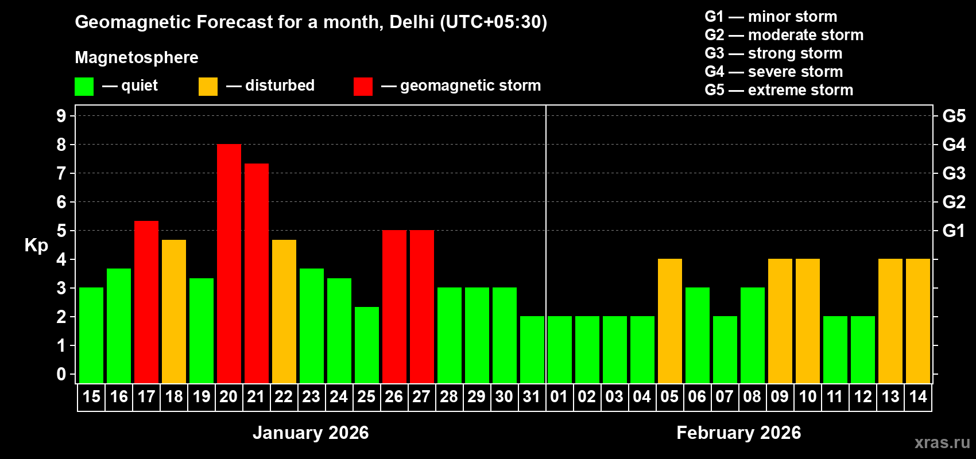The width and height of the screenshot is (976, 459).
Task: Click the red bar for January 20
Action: coord(229,264)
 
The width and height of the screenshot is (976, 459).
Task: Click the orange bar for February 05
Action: coord(670,321)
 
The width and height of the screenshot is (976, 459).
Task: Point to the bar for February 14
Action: coord(918,321)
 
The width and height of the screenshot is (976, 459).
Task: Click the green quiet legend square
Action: coord(84,87)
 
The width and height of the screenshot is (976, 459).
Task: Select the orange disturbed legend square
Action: coord(208,87)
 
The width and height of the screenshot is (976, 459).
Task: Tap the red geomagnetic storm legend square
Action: coord(363,87)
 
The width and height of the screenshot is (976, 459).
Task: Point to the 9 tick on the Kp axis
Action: coord(61,116)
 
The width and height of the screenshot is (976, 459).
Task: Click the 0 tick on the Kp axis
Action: coord(61,375)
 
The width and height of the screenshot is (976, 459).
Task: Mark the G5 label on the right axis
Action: coord(954,116)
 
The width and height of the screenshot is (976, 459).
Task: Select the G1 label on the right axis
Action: coord(954,231)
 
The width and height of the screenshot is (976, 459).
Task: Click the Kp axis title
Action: coord(36,246)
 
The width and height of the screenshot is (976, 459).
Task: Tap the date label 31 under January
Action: coord(532,396)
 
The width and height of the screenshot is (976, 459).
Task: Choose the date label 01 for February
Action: coord(559,396)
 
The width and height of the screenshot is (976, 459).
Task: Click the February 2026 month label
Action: coord(738,433)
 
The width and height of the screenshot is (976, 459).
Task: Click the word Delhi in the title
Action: coord(412,22)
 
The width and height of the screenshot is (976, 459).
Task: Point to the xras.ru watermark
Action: coord(942,442)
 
